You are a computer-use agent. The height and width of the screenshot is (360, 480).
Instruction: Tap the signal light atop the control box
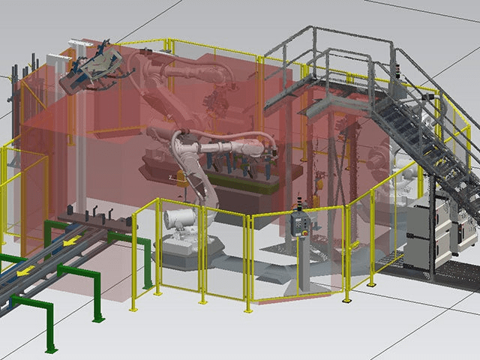[303, 200]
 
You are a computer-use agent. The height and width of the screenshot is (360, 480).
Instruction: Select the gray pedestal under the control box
[305, 262]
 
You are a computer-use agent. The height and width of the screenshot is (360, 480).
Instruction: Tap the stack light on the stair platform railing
[400, 70]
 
